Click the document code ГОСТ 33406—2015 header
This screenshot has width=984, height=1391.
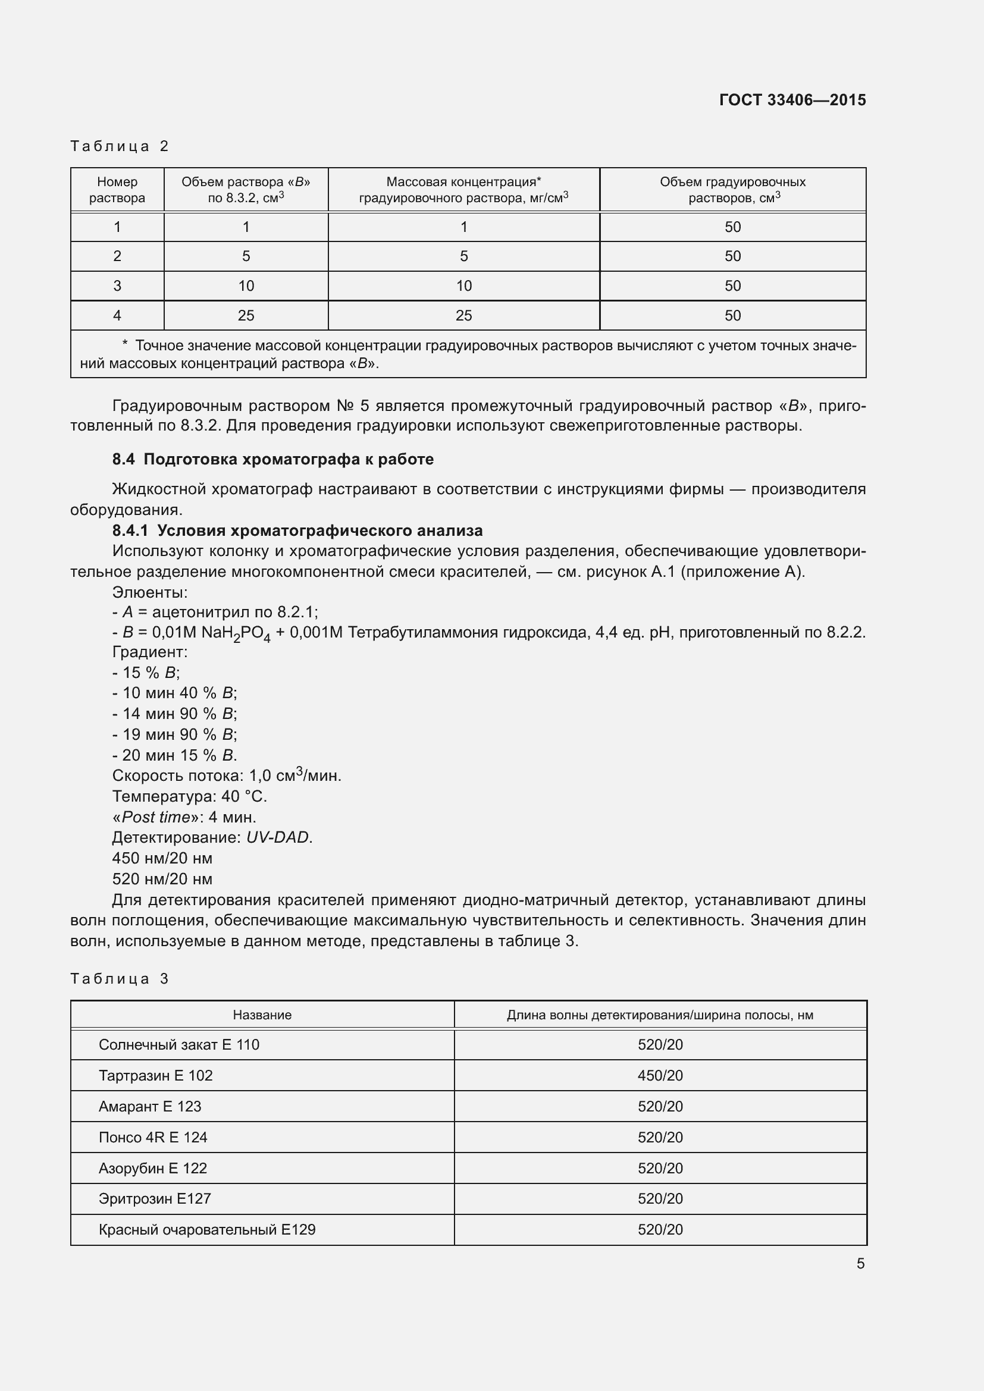[792, 100]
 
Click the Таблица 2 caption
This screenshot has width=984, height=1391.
[120, 146]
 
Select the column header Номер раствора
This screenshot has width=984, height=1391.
[117, 190]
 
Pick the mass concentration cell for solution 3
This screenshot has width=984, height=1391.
[463, 286]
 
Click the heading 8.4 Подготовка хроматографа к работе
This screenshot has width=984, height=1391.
[272, 459]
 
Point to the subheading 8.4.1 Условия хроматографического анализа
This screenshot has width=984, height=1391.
[297, 530]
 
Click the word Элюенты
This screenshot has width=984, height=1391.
[150, 592]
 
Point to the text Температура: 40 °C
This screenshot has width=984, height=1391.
[189, 796]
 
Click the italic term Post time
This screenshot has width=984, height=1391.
[156, 817]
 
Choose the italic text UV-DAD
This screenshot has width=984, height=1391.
[278, 837]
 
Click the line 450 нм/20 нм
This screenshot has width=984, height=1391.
[162, 859]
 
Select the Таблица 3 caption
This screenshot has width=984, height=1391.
[120, 978]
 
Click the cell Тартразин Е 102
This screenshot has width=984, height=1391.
[156, 1075]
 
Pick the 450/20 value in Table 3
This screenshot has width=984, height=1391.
[660, 1075]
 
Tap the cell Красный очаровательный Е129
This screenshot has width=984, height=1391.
[206, 1229]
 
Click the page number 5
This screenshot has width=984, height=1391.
[860, 1264]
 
